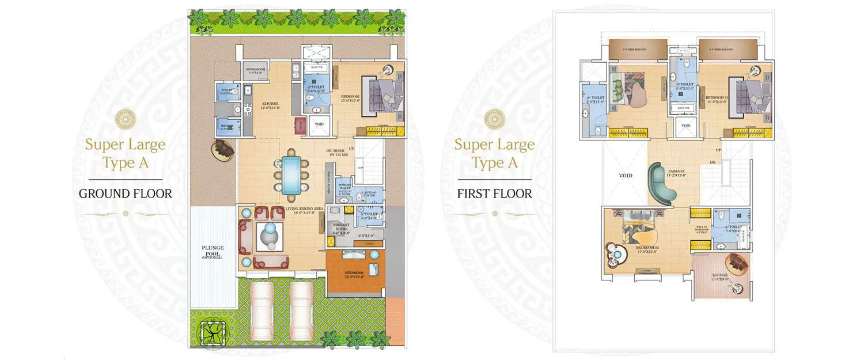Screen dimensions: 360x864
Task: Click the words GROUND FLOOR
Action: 125,194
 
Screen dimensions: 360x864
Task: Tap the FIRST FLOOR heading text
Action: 494,193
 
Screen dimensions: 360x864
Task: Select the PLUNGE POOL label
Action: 212,250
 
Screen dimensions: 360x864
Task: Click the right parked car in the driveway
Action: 302,312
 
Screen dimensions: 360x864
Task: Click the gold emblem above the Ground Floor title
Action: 125,119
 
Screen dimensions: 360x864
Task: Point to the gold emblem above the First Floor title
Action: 494,119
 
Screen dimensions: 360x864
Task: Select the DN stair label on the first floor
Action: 712,163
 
